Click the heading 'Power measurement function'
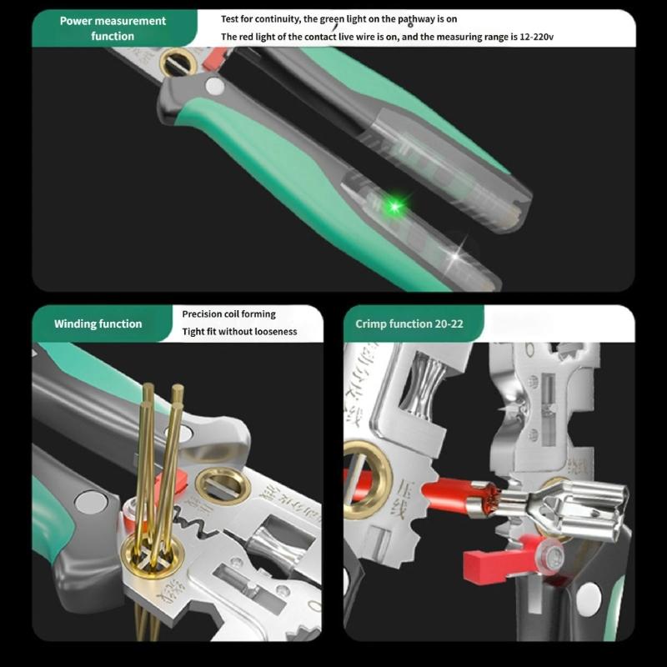pos(113,28)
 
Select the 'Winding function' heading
pos(98,323)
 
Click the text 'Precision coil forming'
pos(228,314)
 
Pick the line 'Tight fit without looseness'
pos(239,332)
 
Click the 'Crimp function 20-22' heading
pos(409,323)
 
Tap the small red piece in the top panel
pos(216,57)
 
